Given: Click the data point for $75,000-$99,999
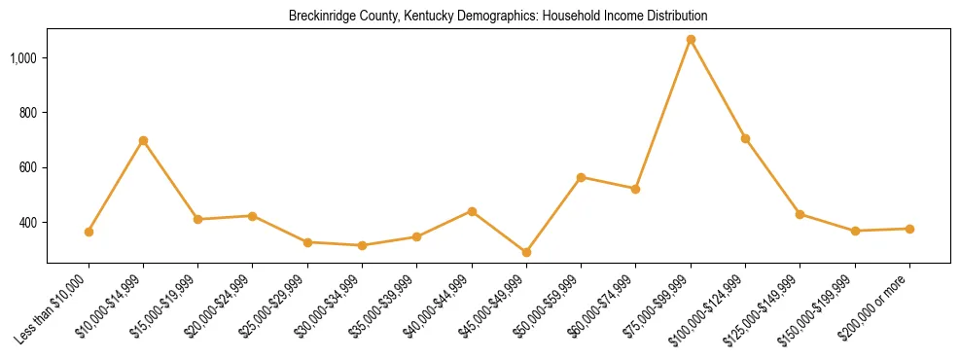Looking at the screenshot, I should (x=691, y=40).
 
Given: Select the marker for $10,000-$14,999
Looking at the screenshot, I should (x=143, y=140).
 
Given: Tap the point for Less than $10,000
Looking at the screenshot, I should (x=89, y=232).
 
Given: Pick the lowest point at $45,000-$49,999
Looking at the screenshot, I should (x=526, y=252).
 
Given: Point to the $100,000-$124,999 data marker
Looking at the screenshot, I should (x=745, y=138).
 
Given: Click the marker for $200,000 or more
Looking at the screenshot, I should (x=909, y=229).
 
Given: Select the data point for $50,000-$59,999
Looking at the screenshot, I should (x=581, y=177).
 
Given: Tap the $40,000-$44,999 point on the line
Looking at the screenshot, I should (x=472, y=211).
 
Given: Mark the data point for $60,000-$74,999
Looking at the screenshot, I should (x=635, y=189).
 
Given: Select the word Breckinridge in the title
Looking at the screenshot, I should (x=318, y=17).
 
